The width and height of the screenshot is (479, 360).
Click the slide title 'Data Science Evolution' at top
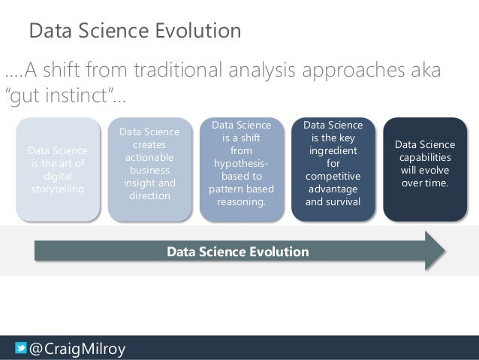pos(134,31)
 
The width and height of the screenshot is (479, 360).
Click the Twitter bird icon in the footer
pos(21,348)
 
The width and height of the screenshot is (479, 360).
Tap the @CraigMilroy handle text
pos(77,349)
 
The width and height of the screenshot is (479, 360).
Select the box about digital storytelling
pos(58,169)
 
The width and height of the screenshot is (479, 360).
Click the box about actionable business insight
pos(149,169)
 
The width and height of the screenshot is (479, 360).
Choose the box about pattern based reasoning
pos(241,169)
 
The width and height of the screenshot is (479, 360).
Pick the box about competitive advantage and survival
pos(333,169)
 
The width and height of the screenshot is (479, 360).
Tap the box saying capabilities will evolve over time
pos(424,169)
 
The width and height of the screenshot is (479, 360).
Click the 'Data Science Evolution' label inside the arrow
pos(237,252)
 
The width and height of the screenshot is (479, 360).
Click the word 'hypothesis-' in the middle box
pos(241,163)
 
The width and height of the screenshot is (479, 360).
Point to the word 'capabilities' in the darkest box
pos(425,157)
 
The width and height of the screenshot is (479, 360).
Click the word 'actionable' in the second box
pos(149,157)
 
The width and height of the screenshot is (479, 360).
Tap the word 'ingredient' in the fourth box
pos(333,150)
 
